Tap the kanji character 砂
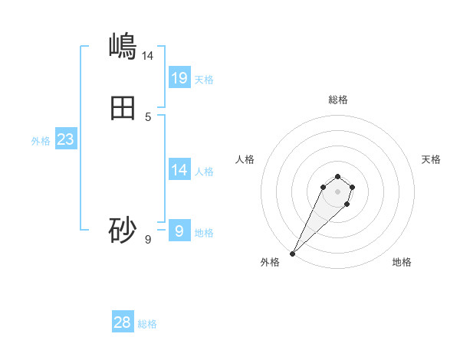(x=123, y=230)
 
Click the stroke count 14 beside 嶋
(x=147, y=55)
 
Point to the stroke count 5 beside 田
(x=148, y=117)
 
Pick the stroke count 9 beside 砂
(x=148, y=240)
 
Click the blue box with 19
(x=179, y=77)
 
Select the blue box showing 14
(x=179, y=169)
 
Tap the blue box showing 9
(x=179, y=230)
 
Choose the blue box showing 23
(x=65, y=139)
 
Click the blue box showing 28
(x=123, y=322)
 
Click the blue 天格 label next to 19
(x=204, y=79)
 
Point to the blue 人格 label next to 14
(x=205, y=171)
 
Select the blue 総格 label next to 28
(x=147, y=324)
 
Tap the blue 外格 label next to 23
(x=41, y=141)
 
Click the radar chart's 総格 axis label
(x=338, y=100)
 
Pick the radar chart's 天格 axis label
(x=431, y=159)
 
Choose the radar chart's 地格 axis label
(x=402, y=262)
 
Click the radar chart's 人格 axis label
(x=245, y=159)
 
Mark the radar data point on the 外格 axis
(x=292, y=253)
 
